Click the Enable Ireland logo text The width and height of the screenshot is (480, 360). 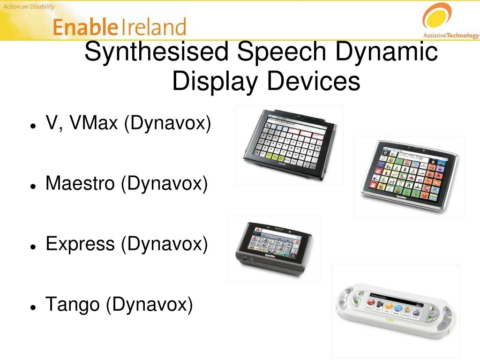point(120,27)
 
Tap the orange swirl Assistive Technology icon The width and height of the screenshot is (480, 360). point(437,16)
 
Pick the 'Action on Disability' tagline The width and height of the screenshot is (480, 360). point(29,7)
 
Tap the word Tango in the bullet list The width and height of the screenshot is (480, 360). point(73,305)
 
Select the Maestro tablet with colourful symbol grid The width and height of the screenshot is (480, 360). point(409,176)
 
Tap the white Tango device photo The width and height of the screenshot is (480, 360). point(395,310)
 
